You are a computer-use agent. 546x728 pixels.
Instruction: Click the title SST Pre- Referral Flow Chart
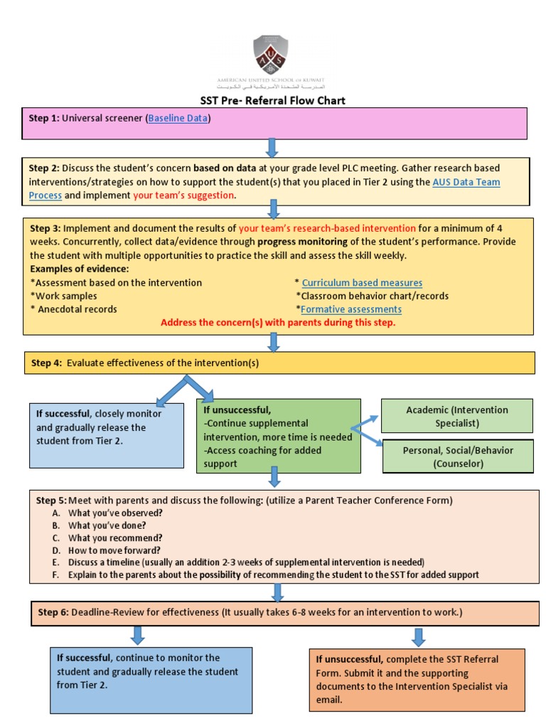coord(272,100)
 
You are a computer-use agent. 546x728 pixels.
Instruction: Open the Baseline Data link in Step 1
coord(178,118)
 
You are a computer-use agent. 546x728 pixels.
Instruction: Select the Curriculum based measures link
coord(362,282)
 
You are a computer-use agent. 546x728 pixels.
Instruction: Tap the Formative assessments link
coord(351,309)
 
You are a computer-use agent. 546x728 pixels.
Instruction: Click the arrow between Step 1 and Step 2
coord(272,148)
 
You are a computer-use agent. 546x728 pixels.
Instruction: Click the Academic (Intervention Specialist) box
coord(456,416)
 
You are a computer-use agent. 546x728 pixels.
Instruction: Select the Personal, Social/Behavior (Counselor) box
coord(457,456)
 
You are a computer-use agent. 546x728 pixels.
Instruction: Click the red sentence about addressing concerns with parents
coord(278,323)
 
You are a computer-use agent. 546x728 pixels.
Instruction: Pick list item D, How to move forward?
coord(114,550)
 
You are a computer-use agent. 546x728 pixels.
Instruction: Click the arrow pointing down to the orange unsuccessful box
coord(418,636)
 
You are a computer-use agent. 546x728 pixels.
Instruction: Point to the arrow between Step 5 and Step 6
coord(277,591)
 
